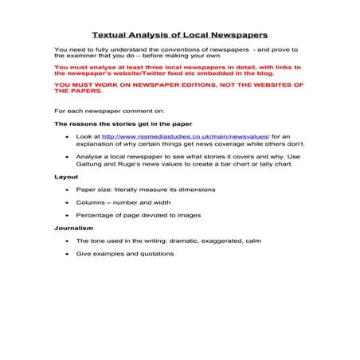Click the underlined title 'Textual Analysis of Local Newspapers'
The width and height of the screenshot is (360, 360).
pyautogui.click(x=179, y=35)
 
